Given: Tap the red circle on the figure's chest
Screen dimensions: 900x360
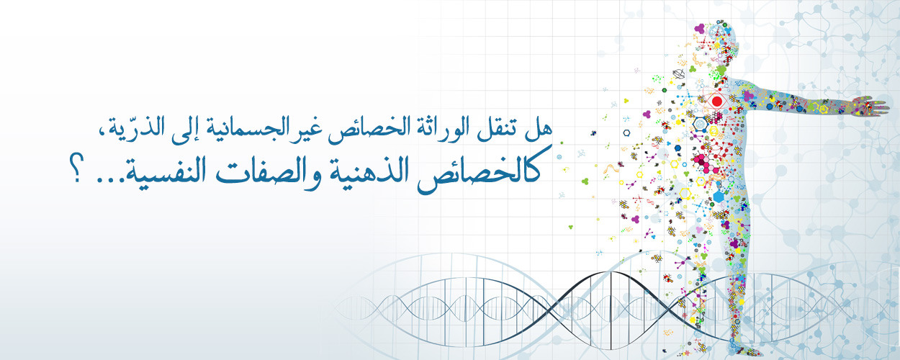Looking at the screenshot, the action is [x=717, y=102].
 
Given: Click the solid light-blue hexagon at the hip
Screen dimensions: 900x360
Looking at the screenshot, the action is [x=719, y=197].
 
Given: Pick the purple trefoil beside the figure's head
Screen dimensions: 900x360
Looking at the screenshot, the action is [x=700, y=28].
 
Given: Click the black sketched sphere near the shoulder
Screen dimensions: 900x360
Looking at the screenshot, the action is [x=679, y=74].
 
